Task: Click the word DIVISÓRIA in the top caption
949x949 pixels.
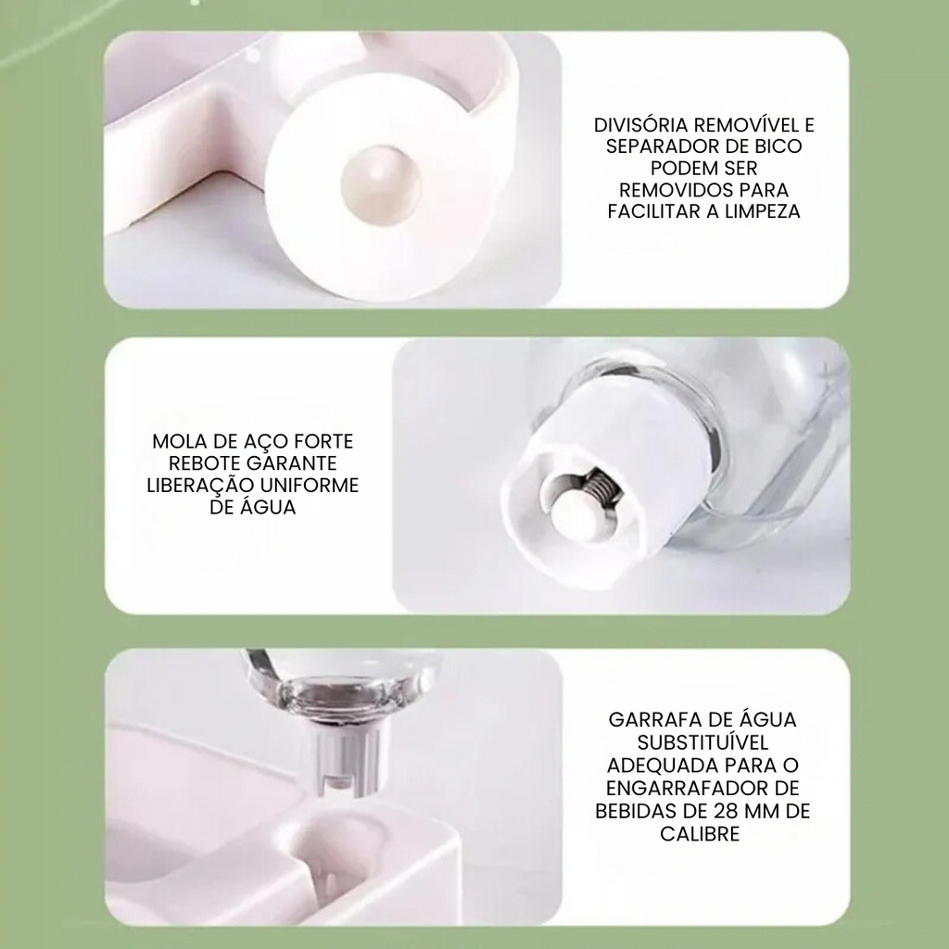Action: pos(640,125)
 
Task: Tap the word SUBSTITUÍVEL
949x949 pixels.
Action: pos(703,742)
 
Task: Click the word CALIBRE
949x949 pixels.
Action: pos(700,833)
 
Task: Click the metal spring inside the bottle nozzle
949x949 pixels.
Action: pos(601,485)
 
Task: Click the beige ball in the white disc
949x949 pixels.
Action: pos(380,181)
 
